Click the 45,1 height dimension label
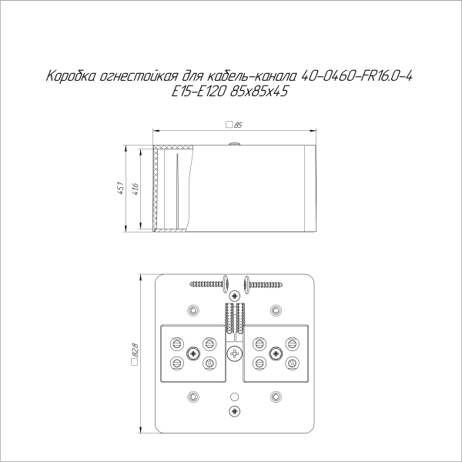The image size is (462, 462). point(121,189)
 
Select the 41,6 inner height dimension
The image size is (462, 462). point(136,189)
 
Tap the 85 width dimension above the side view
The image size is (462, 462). point(234,125)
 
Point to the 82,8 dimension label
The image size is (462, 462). point(135,353)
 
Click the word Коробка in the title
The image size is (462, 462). point(71,76)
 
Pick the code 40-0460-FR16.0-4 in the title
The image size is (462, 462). point(357,76)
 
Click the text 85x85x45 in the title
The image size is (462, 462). point(259,92)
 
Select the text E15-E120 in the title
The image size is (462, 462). point(199,92)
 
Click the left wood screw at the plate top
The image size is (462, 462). point(209,284)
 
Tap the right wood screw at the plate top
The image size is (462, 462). point(263,284)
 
